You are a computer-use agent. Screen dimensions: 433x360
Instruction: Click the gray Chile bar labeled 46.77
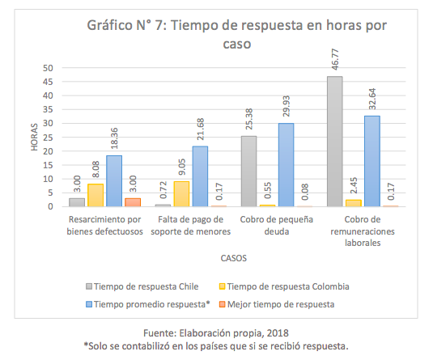point(335,142)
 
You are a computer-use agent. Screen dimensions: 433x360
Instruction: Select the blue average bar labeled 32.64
point(372,161)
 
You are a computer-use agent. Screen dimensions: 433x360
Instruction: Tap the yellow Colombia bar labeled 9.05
point(181,194)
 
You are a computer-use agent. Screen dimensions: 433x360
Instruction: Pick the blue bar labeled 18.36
point(114,181)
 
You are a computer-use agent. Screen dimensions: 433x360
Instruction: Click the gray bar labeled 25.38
point(248,172)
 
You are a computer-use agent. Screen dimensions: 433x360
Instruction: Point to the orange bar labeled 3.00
point(133,202)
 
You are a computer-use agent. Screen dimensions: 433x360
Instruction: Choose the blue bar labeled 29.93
point(286,165)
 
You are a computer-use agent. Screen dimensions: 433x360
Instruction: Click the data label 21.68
point(201,129)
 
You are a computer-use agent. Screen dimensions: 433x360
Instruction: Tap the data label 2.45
point(354,185)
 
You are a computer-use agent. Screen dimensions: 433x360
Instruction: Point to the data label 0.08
point(305,192)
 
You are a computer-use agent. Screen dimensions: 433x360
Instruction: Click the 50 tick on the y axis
point(48,68)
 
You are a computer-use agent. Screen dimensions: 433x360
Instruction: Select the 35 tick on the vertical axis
point(48,109)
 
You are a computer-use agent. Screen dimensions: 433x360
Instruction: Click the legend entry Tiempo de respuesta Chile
point(142,286)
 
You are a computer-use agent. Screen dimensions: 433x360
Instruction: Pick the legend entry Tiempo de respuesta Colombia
point(284,286)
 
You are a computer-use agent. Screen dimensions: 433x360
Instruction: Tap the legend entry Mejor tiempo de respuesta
point(277,304)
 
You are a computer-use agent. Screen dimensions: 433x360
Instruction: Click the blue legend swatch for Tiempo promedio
point(89,304)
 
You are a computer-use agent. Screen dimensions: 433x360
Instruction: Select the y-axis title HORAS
point(34,138)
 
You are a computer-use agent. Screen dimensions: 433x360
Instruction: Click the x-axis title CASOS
point(234,258)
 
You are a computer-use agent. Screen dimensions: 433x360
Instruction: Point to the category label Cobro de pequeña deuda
point(277,225)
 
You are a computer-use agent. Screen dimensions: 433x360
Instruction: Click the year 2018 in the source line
point(278,333)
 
